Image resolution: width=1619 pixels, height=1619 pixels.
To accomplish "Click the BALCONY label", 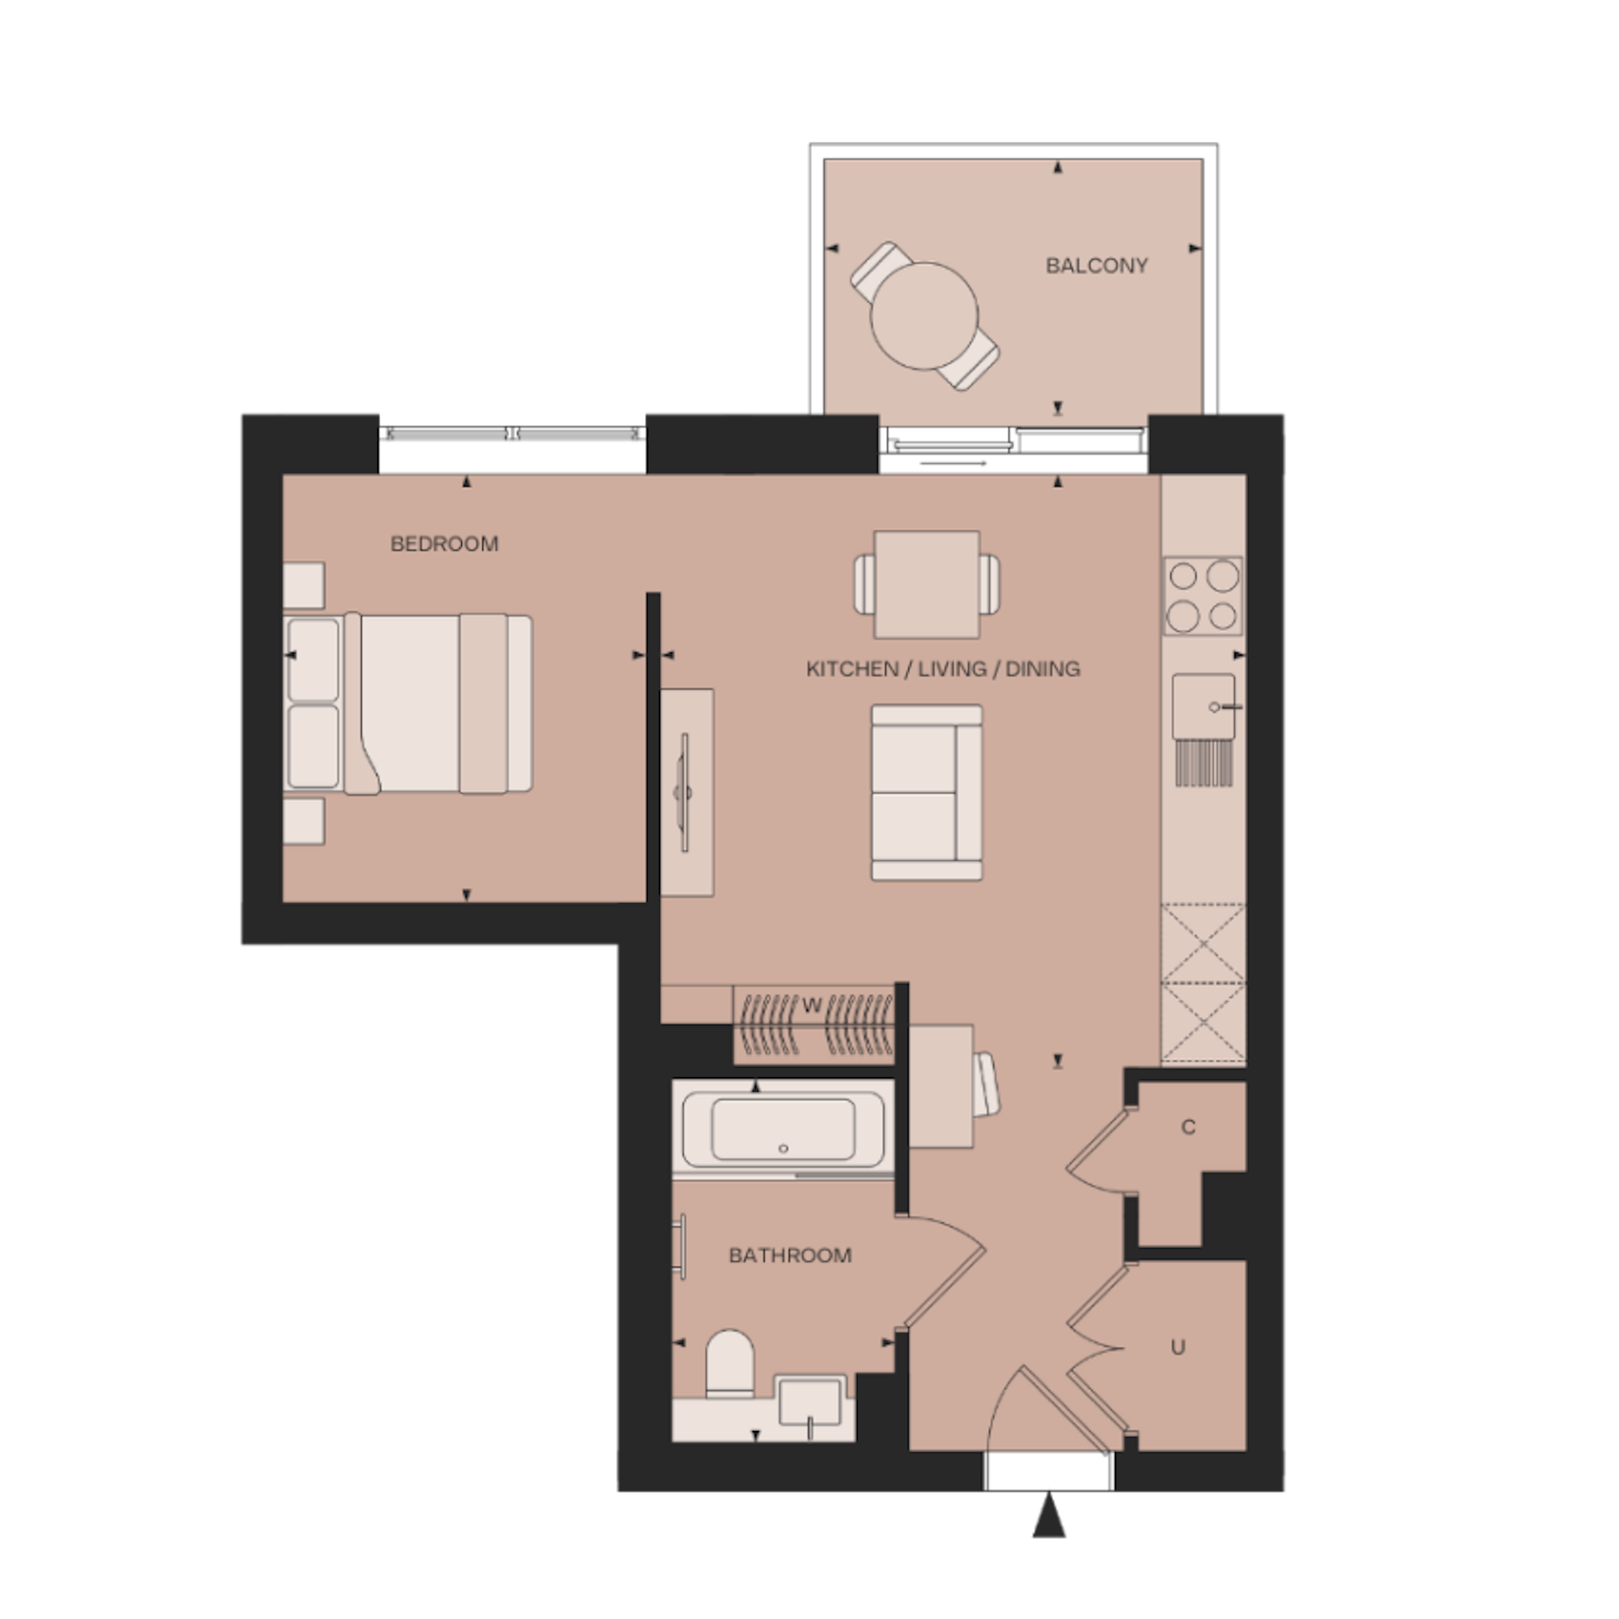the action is pyautogui.click(x=1096, y=266).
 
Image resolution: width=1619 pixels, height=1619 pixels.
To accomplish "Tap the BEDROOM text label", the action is pyautogui.click(x=444, y=544).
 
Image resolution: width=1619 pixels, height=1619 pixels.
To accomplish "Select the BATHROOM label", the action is pyautogui.click(x=790, y=1256).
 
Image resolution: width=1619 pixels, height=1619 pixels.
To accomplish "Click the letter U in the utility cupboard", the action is pyautogui.click(x=1178, y=1347).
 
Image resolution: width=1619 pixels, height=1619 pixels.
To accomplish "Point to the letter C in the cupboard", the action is pyautogui.click(x=1188, y=1127).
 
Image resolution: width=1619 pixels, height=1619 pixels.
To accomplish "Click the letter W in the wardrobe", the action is pyautogui.click(x=812, y=1006).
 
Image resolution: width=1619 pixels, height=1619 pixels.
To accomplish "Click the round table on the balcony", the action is pyautogui.click(x=924, y=316).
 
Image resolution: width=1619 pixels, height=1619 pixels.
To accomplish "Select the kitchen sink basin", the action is pyautogui.click(x=1204, y=707).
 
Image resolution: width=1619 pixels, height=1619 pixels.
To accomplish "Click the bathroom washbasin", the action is pyautogui.click(x=809, y=1403).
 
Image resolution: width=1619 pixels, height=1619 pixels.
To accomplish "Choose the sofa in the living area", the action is pyautogui.click(x=927, y=793).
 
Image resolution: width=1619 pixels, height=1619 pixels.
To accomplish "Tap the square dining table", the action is pyautogui.click(x=927, y=584).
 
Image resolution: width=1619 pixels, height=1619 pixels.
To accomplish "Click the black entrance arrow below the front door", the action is pyautogui.click(x=1049, y=1515).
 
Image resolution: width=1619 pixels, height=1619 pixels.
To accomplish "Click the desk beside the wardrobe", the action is pyautogui.click(x=941, y=1087).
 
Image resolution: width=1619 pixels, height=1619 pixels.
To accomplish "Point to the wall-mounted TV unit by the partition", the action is pyautogui.click(x=686, y=793).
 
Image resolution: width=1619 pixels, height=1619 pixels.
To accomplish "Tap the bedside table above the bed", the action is pyautogui.click(x=304, y=585).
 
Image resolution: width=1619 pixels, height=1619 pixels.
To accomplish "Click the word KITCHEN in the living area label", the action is pyautogui.click(x=852, y=670).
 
